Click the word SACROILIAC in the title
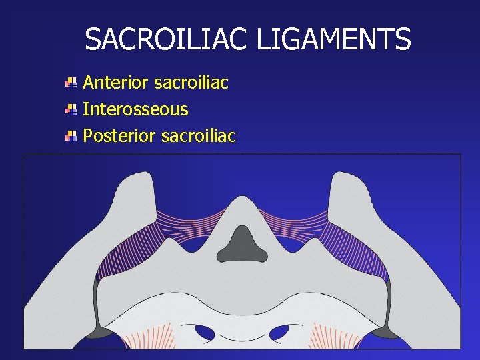[167, 40]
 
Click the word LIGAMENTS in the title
[334, 40]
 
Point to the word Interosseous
[135, 109]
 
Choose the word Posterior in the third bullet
[119, 135]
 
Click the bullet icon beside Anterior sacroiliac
[71, 83]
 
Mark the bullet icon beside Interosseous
[71, 109]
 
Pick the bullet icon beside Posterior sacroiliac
[71, 136]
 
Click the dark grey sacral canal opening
[242, 244]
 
